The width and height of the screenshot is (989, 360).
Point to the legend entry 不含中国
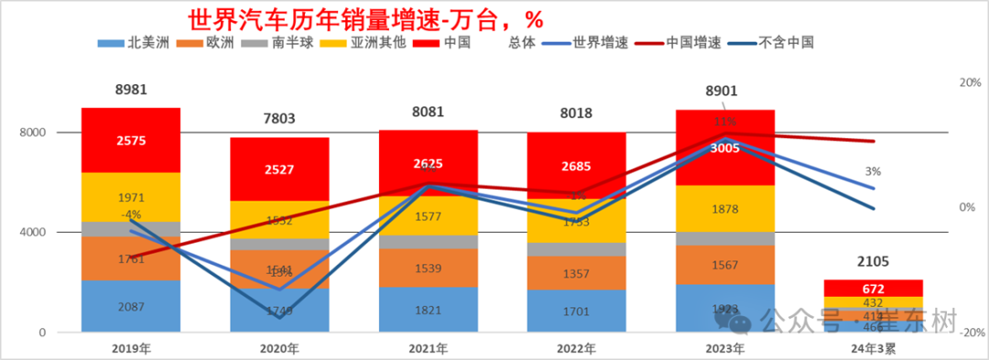[786, 41]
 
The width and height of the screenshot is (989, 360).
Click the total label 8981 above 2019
[131, 90]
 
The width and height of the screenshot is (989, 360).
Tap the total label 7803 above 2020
[279, 119]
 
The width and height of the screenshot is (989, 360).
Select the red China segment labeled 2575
[131, 140]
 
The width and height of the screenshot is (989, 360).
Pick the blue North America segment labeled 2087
[131, 307]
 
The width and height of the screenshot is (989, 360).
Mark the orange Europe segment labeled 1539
[428, 269]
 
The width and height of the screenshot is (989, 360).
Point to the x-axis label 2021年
[428, 348]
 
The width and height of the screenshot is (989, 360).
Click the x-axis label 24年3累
[873, 348]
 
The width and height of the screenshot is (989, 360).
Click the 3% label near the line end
[872, 171]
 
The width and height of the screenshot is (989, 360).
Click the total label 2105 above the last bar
[874, 261]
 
